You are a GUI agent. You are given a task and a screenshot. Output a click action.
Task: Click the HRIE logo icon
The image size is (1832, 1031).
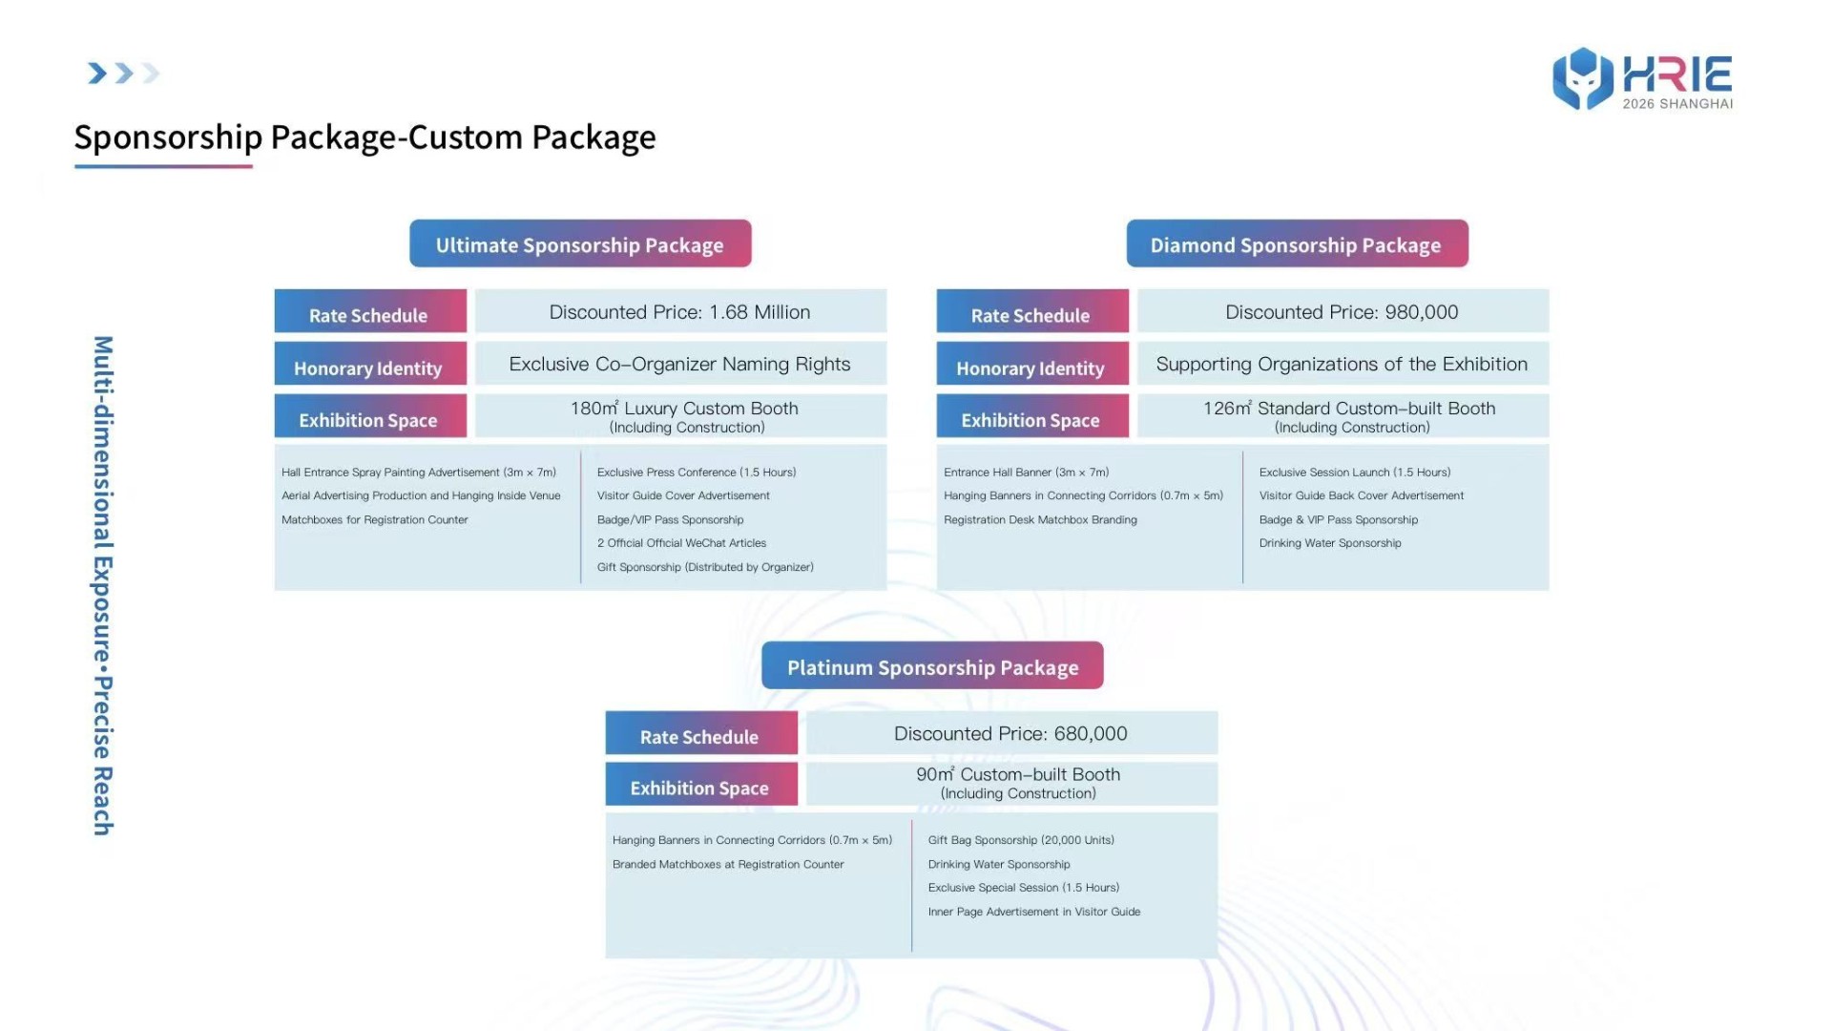(1583, 78)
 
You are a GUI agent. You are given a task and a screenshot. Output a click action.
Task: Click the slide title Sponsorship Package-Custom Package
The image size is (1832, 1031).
(364, 137)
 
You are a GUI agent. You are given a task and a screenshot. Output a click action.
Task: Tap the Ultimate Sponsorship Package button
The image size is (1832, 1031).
(580, 243)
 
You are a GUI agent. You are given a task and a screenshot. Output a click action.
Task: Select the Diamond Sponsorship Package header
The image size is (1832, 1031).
(1297, 243)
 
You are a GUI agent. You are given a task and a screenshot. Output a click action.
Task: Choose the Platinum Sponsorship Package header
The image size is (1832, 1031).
(932, 665)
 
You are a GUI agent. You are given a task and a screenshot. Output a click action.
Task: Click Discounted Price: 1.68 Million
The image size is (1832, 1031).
(680, 311)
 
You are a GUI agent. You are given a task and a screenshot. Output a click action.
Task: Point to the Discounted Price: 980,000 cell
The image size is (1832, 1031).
(1343, 311)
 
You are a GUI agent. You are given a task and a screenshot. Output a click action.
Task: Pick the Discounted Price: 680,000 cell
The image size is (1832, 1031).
(1011, 733)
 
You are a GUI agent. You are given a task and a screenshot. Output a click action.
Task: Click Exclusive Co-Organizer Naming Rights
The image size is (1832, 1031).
(680, 364)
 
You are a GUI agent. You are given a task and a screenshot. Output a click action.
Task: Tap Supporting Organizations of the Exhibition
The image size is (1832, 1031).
(1343, 364)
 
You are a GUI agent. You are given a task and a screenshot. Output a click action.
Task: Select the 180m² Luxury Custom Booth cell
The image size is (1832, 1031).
(680, 416)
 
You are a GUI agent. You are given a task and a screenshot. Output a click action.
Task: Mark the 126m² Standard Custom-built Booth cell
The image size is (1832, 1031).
(1343, 416)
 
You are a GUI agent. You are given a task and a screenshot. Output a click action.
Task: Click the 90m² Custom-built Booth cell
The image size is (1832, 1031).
(1011, 783)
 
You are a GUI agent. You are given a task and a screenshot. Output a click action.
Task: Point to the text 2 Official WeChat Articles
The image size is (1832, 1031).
(681, 543)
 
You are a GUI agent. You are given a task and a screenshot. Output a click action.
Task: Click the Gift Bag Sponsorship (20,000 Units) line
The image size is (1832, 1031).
(1021, 840)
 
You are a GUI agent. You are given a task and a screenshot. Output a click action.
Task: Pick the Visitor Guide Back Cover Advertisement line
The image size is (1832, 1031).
(1361, 495)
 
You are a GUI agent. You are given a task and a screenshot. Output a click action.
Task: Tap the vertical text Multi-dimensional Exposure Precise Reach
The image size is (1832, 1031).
(103, 585)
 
